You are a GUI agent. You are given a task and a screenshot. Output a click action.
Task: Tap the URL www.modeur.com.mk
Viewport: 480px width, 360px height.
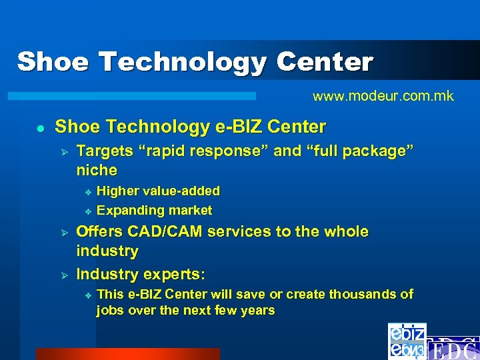[x=383, y=96]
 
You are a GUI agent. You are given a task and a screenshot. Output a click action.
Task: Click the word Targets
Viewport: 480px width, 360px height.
[x=104, y=151]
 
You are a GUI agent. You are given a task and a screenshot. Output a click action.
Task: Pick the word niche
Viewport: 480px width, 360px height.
[x=97, y=170]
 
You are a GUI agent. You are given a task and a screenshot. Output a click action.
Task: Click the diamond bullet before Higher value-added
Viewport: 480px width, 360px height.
[x=87, y=192]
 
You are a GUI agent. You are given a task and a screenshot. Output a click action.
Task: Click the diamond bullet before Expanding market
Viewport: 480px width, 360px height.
[x=87, y=211]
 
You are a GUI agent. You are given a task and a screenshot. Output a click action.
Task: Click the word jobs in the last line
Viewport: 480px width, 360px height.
[x=110, y=311]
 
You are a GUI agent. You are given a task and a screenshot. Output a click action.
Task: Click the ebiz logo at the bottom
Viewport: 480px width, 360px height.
[x=407, y=341]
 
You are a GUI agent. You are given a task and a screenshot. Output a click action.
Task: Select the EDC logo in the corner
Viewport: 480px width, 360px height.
[x=453, y=349]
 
